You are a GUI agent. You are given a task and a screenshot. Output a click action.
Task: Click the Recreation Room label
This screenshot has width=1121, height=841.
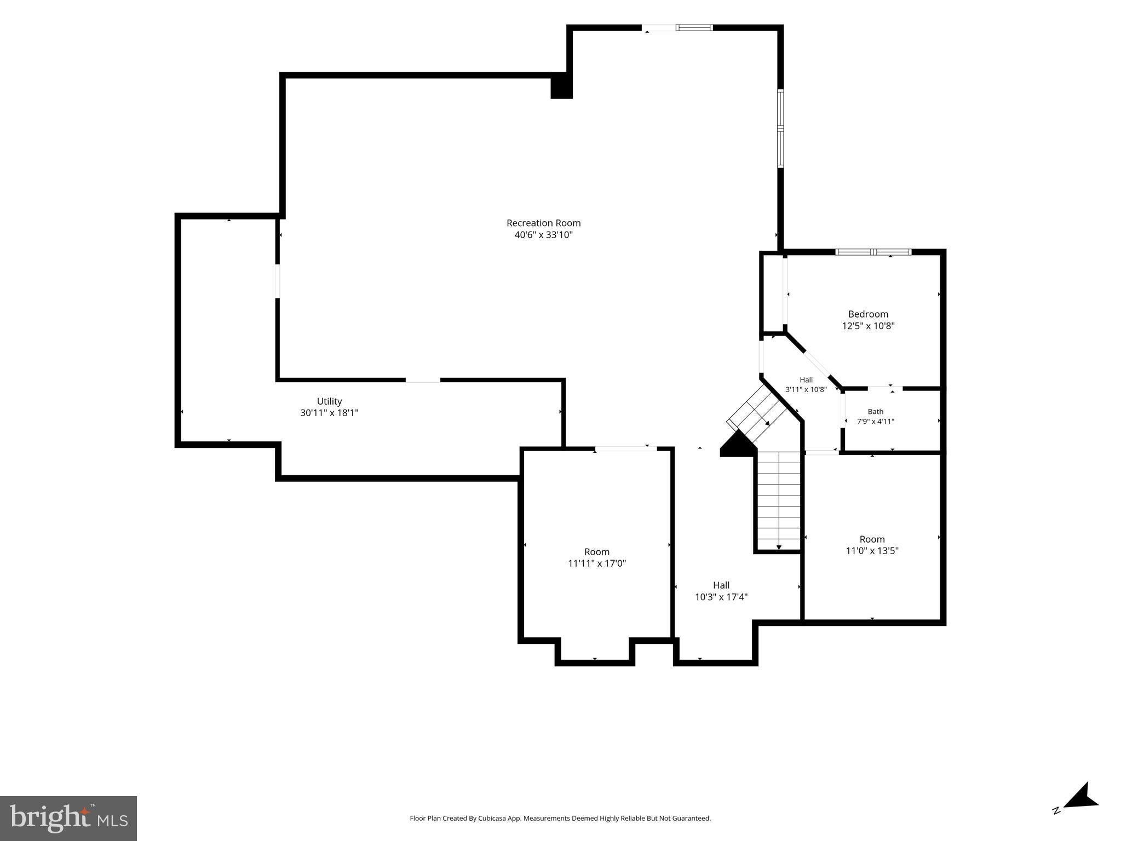click(543, 223)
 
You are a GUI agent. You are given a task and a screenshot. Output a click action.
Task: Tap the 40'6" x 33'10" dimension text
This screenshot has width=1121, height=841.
click(543, 235)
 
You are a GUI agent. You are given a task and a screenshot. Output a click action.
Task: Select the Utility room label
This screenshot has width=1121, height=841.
click(329, 401)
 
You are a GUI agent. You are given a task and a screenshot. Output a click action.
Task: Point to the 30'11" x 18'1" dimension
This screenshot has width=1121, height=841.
click(329, 413)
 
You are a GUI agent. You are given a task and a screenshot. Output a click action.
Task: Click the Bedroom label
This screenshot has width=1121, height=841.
click(868, 314)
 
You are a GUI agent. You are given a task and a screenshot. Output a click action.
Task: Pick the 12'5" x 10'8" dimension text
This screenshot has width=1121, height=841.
click(868, 326)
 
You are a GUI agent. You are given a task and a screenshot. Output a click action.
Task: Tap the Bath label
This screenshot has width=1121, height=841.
click(875, 412)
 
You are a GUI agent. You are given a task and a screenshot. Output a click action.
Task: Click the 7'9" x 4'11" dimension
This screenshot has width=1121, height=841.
click(875, 421)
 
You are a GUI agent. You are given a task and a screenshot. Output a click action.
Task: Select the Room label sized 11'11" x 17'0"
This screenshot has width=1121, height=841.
click(596, 552)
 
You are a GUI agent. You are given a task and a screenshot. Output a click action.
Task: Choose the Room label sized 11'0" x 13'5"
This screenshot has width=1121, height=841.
click(872, 539)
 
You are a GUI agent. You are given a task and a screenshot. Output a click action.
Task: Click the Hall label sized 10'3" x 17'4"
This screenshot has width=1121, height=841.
click(721, 585)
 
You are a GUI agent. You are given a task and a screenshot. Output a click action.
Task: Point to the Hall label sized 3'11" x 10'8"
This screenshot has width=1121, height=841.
click(806, 380)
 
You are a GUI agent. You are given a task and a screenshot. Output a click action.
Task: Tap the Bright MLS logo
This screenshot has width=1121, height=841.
click(68, 818)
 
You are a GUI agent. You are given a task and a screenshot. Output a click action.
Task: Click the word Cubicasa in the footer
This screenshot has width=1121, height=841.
click(492, 819)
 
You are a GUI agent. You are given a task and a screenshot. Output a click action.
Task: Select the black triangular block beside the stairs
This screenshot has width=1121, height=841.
click(738, 443)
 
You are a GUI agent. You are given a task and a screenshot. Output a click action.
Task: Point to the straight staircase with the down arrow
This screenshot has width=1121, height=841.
click(779, 501)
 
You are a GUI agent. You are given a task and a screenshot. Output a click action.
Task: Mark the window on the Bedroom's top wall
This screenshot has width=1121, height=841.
click(873, 252)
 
